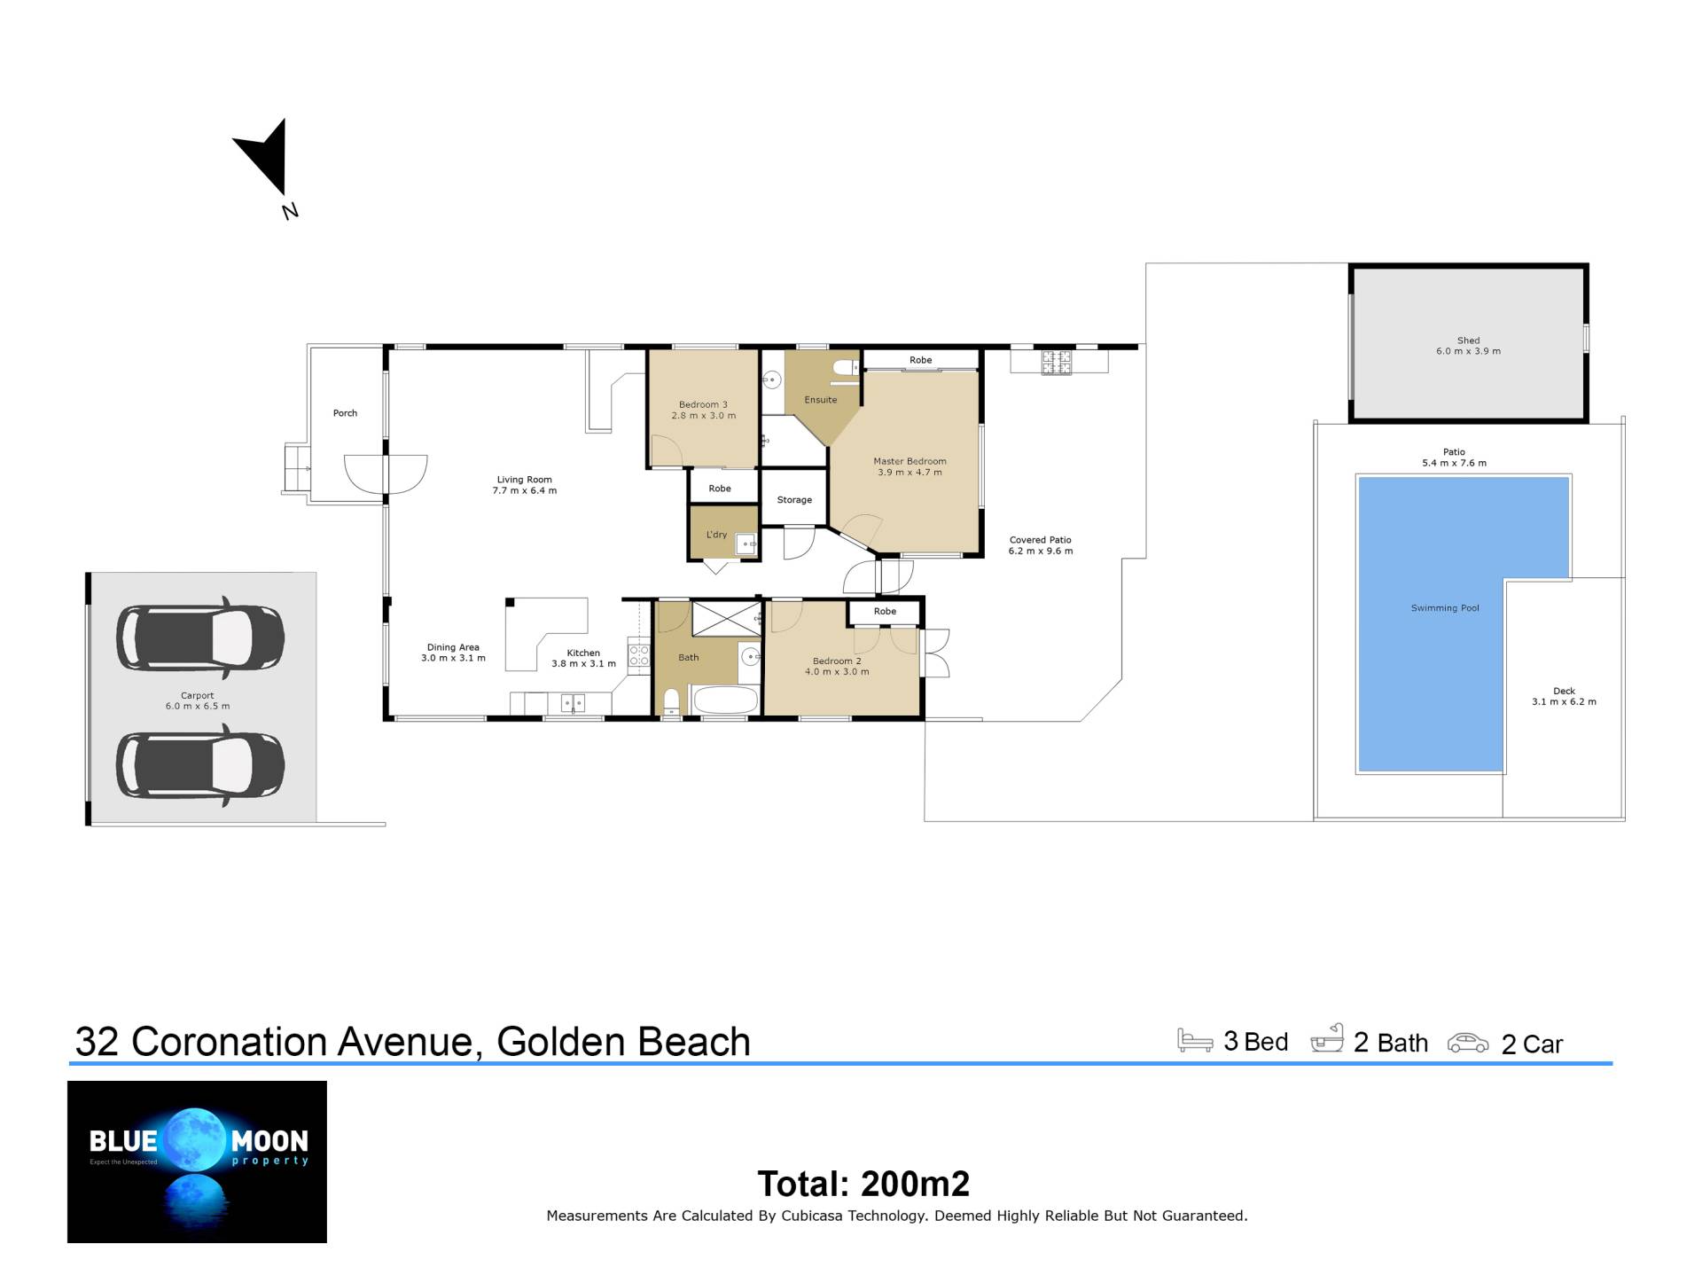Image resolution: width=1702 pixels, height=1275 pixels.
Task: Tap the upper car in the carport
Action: coord(200,637)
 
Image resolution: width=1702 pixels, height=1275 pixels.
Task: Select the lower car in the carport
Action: coord(200,765)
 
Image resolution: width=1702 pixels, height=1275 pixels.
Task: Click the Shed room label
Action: coord(1468,340)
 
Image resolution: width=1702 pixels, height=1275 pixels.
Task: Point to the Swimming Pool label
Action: coord(1445,608)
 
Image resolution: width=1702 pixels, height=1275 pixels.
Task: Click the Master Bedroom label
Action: coord(910,461)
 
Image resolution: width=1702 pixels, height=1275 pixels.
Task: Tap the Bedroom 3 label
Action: coord(703,405)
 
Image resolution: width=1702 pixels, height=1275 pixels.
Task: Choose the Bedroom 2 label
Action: coord(837,661)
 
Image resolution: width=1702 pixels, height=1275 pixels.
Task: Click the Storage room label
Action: coord(794,500)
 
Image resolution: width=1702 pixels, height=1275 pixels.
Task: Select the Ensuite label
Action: coord(820,400)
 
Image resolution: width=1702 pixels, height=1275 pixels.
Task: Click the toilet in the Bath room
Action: coord(671,701)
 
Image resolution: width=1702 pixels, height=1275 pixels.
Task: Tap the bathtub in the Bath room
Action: coord(725,700)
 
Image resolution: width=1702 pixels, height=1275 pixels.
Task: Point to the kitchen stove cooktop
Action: coord(638,655)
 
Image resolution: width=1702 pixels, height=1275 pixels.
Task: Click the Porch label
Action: coord(345,413)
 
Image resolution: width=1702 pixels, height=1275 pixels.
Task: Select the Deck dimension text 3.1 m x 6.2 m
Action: coord(1564,702)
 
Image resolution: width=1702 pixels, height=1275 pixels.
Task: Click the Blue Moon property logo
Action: coord(197,1162)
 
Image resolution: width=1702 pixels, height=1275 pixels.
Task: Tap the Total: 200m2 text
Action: coord(863,1184)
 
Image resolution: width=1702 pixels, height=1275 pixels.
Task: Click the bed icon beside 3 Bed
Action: coord(1195,1040)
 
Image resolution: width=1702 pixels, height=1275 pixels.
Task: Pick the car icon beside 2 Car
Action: coord(1468,1043)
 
